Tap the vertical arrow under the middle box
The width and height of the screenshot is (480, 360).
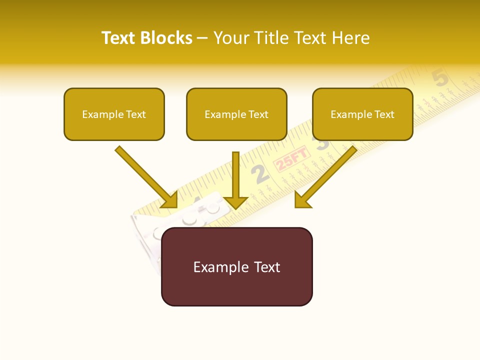click(x=236, y=180)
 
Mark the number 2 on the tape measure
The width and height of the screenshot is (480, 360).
click(x=260, y=174)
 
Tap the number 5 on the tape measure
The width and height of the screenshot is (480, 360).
click(x=440, y=78)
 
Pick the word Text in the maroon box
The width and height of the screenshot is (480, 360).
click(x=267, y=267)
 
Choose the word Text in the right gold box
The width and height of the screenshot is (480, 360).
click(x=384, y=114)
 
